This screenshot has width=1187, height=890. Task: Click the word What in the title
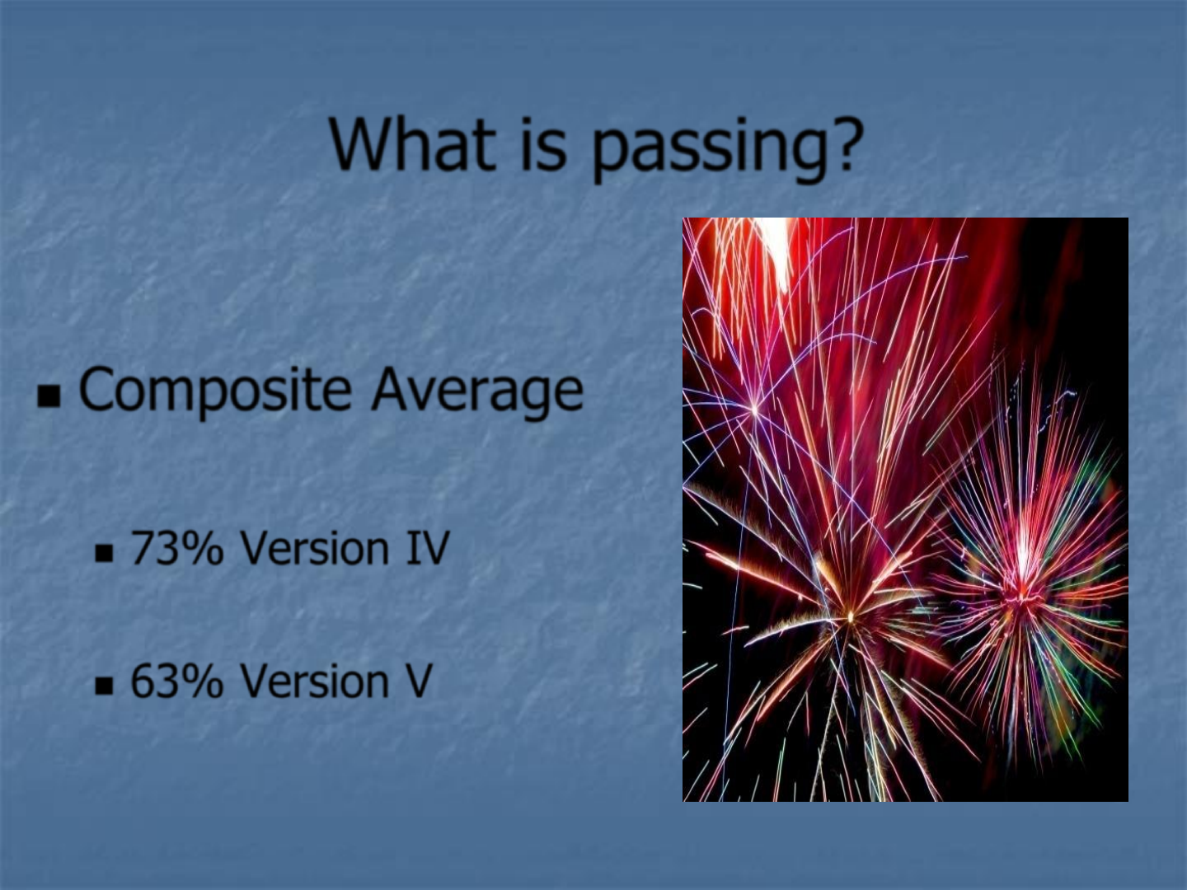pyautogui.click(x=412, y=145)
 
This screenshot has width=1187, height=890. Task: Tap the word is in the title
pyautogui.click(x=545, y=145)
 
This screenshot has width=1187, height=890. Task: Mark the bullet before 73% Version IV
pyautogui.click(x=103, y=553)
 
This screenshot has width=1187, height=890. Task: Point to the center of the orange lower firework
pyautogui.click(x=850, y=616)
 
